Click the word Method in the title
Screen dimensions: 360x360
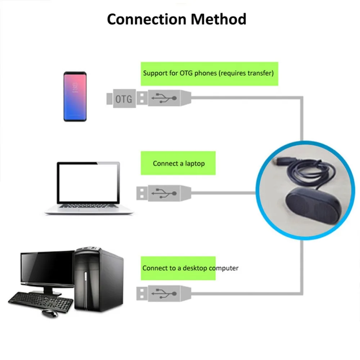pyautogui.click(x=219, y=19)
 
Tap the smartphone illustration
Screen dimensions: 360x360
pyautogui.click(x=75, y=96)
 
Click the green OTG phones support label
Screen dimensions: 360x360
pyautogui.click(x=210, y=74)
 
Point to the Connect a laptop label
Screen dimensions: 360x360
pyautogui.click(x=178, y=163)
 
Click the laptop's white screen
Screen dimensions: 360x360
pyautogui.click(x=89, y=183)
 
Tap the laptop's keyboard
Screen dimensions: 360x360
pyautogui.click(x=89, y=206)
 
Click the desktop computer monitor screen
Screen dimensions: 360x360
pyautogui.click(x=48, y=267)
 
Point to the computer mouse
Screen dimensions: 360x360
pyautogui.click(x=50, y=314)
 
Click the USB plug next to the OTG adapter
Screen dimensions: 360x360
pyautogui.click(x=164, y=98)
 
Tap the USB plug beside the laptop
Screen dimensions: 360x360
pyautogui.click(x=164, y=193)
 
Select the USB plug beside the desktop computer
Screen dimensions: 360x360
pyautogui.click(x=164, y=293)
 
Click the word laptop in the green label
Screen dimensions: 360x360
pyautogui.click(x=195, y=163)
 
